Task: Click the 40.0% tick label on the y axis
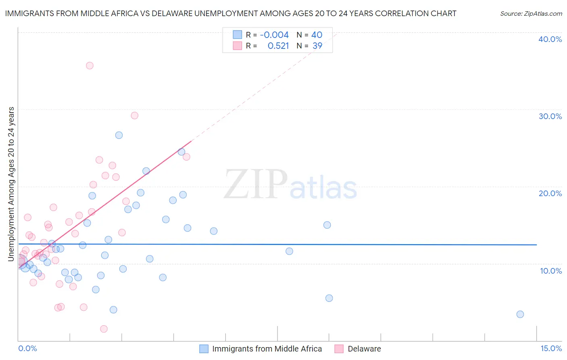coord(550,39)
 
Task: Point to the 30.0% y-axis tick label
coord(550,116)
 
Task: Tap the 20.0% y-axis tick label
coord(550,193)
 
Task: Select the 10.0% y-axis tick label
coord(550,271)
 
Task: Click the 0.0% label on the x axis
coord(27,348)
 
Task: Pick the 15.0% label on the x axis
coord(551,348)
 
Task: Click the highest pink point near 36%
coord(90,65)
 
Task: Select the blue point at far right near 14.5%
coord(520,314)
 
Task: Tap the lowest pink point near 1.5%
coord(104,329)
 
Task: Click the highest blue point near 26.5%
coord(119,135)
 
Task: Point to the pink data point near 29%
coord(135,115)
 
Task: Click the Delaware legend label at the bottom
coord(364,349)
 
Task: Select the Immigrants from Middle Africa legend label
coord(267,349)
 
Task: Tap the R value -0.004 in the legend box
coord(274,35)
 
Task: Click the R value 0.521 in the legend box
coord(278,46)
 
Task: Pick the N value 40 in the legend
coord(317,35)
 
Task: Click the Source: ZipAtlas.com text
coord(531,13)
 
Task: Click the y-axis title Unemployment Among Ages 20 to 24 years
coord(11,184)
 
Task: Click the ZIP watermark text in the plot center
coord(255,185)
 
